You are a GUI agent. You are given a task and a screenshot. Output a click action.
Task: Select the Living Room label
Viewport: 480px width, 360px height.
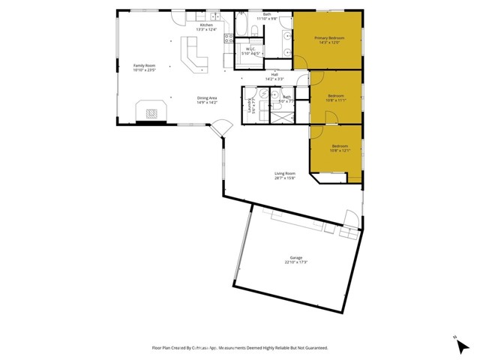(x=284, y=173)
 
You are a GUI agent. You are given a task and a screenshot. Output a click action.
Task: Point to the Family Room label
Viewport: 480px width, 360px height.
(x=144, y=65)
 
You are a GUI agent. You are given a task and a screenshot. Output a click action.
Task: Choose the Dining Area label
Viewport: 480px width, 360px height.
(x=207, y=97)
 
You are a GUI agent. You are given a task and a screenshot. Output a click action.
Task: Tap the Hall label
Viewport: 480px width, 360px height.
(x=274, y=74)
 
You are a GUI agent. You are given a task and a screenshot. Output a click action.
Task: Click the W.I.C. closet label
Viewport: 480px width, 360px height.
(x=251, y=49)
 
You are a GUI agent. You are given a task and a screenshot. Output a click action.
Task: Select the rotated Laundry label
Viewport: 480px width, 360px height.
(x=249, y=105)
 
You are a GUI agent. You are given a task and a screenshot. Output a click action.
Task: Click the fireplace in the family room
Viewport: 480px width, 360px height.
(x=152, y=113)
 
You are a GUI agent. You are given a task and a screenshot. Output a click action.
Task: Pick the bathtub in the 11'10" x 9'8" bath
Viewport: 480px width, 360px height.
(x=253, y=31)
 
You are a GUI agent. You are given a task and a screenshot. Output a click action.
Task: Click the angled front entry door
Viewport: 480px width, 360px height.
(x=220, y=129)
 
